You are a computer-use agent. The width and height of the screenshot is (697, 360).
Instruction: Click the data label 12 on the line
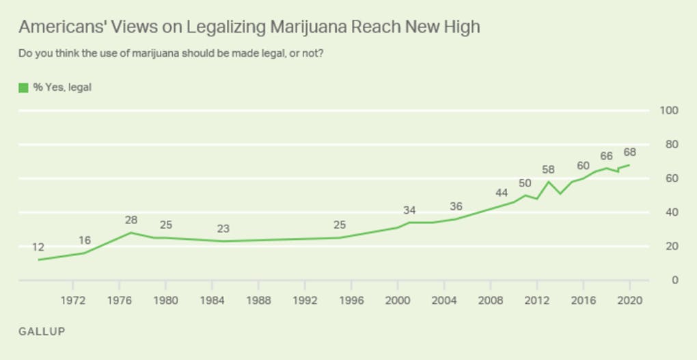pyautogui.click(x=38, y=247)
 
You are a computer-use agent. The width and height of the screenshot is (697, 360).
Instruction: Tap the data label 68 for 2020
pyautogui.click(x=629, y=152)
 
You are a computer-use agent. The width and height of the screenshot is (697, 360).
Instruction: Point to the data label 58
pyautogui.click(x=548, y=169)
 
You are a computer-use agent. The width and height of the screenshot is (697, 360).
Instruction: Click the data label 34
pyautogui.click(x=409, y=210)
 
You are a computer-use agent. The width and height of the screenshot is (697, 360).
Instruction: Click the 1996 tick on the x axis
pyautogui.click(x=351, y=301)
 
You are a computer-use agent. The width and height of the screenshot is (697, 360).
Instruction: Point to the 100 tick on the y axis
pyautogui.click(x=669, y=111)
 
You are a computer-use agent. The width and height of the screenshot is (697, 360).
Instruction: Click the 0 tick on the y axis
pyautogui.click(x=674, y=280)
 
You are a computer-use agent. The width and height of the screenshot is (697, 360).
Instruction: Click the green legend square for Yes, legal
pyautogui.click(x=23, y=87)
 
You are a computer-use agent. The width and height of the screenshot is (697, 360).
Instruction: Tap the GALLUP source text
pyautogui.click(x=42, y=331)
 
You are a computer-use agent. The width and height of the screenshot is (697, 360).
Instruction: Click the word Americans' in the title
pyautogui.click(x=59, y=27)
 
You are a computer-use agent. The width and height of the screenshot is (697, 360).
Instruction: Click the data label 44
pyautogui.click(x=502, y=193)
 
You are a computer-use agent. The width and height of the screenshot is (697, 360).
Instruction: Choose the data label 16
pyautogui.click(x=85, y=240)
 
